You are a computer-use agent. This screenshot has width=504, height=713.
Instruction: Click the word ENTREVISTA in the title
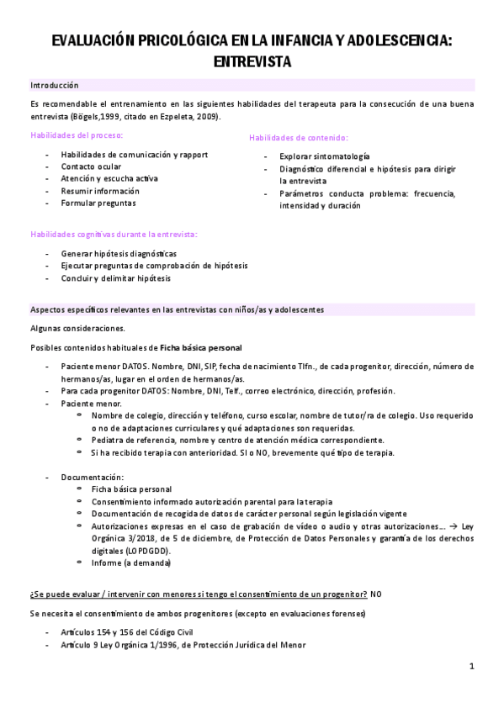pos(252,61)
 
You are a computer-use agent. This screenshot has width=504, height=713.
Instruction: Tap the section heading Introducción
pos(55,85)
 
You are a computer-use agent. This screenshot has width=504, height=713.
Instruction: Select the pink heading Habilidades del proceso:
pos(77,135)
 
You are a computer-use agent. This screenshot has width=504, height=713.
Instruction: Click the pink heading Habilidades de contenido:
pos(299,138)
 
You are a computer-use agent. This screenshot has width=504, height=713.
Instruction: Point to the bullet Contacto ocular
pos(91,166)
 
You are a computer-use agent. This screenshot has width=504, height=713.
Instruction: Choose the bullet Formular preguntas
pos(98,203)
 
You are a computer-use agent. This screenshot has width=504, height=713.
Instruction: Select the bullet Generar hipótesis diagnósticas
pos(119,254)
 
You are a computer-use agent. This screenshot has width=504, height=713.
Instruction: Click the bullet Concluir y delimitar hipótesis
pos(116,278)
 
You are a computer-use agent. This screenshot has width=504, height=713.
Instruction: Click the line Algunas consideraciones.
pos(77,328)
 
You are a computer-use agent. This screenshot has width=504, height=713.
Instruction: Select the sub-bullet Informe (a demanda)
pos(130,564)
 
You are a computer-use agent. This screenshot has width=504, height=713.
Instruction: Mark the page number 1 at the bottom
pos(472,667)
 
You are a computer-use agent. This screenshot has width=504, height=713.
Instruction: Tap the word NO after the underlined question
pos(376,594)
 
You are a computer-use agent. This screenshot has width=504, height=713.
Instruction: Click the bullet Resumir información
pos(100,191)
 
